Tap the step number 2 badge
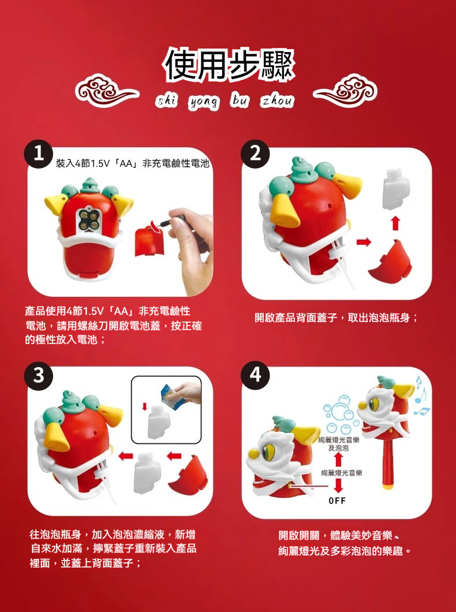(255, 154)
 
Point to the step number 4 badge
(255, 375)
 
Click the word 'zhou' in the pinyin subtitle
(276, 101)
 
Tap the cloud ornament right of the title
(345, 91)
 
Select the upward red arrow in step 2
(396, 224)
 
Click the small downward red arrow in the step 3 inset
(144, 406)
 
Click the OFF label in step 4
(337, 501)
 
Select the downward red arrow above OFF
(339, 486)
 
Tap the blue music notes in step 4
(422, 396)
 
